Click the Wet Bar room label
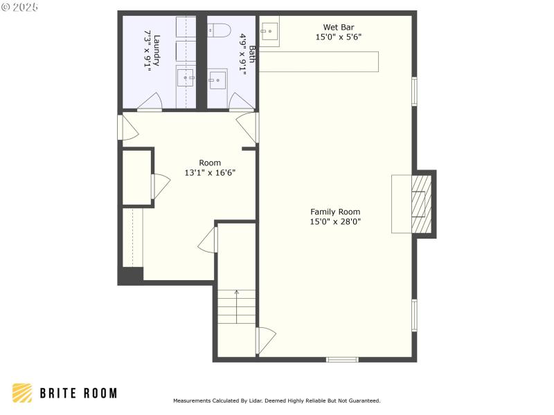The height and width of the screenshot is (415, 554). [x=339, y=28]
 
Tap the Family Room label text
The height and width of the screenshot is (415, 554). [x=335, y=212]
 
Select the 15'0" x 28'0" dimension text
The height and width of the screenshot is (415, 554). [x=335, y=222]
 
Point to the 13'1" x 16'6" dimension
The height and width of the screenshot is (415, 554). [x=210, y=173]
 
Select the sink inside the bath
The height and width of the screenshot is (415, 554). [x=218, y=80]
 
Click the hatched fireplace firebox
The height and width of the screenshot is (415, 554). [x=421, y=204]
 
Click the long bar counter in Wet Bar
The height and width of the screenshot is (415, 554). [x=320, y=61]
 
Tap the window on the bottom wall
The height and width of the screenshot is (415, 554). [x=342, y=359]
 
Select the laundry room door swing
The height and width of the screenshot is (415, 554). [x=150, y=103]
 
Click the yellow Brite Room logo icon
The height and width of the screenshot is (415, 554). [x=22, y=393]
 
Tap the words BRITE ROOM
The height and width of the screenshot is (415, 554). [x=78, y=393]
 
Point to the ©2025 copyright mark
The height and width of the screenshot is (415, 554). [x=20, y=7]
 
